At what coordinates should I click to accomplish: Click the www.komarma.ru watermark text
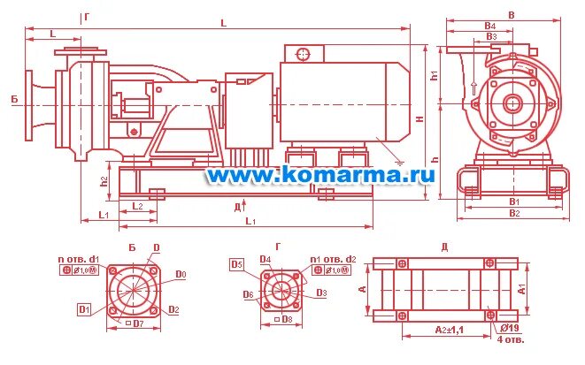[320, 175]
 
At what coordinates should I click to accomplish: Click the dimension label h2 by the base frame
[104, 182]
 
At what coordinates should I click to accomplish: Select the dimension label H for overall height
[421, 118]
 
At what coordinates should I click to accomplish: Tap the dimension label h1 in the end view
[435, 75]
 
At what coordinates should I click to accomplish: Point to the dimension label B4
[489, 26]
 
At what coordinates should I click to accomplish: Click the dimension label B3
[492, 36]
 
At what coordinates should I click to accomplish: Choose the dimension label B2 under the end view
[514, 213]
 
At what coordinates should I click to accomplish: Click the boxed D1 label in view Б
[84, 309]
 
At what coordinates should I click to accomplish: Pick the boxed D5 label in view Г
[236, 263]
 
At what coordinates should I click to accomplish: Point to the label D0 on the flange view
[181, 275]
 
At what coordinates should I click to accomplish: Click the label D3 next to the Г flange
[322, 293]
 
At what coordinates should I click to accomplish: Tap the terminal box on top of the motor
[303, 53]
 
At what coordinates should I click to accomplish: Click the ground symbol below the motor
[400, 162]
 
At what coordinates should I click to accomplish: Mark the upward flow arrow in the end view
[474, 87]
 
